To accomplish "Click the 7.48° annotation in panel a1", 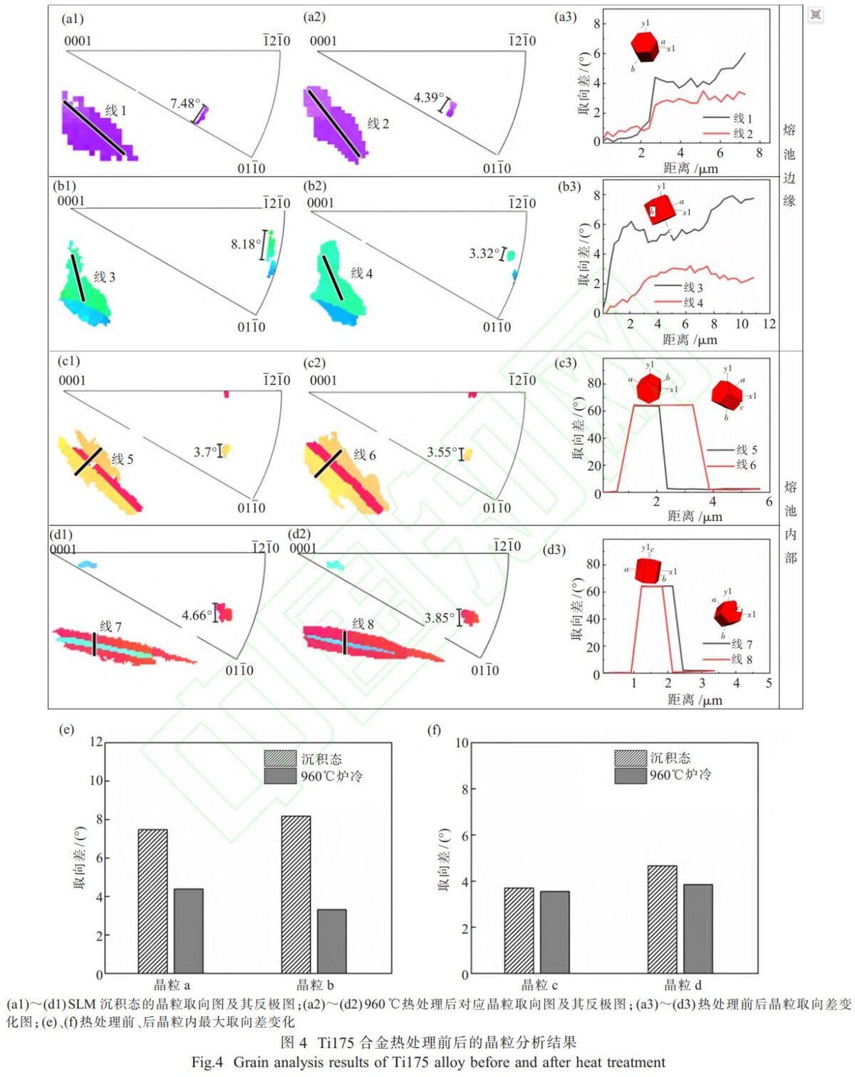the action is (x=185, y=103).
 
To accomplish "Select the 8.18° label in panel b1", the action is (x=246, y=244).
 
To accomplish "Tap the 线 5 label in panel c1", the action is (x=122, y=459).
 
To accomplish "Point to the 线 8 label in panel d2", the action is (x=363, y=624).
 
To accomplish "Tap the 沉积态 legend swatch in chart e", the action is (x=280, y=758).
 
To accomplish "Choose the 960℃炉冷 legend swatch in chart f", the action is (x=631, y=775).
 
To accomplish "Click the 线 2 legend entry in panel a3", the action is (x=728, y=133).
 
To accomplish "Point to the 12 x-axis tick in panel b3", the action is (x=769, y=324).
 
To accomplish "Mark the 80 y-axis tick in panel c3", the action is (x=594, y=383).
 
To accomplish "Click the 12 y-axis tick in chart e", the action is (x=96, y=742).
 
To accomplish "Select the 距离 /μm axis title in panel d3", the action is (x=695, y=700).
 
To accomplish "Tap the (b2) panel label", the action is (x=315, y=186).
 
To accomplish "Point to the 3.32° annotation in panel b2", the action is (x=484, y=254).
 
